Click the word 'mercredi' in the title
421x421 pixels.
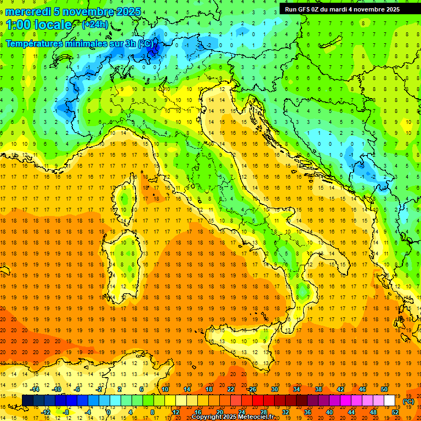29,12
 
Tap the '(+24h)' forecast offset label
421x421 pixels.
95,25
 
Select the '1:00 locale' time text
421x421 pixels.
39,25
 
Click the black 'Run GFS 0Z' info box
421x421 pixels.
342,9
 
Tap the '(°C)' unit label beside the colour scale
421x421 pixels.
408,401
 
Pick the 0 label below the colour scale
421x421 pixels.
108,412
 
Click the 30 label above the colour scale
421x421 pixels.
274,389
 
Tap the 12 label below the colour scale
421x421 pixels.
176,412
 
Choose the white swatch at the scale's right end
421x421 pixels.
389,401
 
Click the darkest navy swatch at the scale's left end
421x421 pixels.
27,401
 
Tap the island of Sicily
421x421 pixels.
244,343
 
